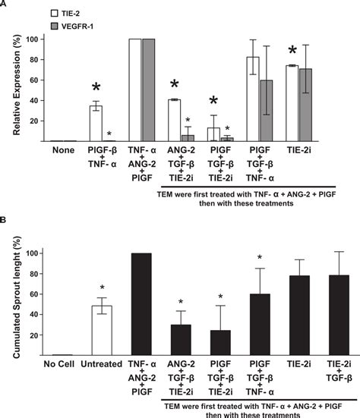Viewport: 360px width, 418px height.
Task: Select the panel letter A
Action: coord(5,5)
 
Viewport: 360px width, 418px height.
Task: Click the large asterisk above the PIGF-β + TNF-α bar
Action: coord(96,88)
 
